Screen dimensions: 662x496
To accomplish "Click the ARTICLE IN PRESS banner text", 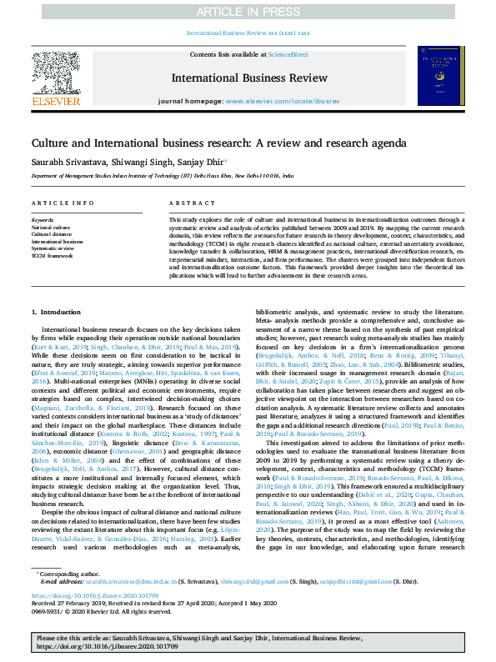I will (x=248, y=12).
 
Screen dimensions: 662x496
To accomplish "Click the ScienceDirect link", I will (x=288, y=54).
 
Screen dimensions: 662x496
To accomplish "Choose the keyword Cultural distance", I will (x=53, y=233).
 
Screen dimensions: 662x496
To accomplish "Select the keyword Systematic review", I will (x=53, y=248).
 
